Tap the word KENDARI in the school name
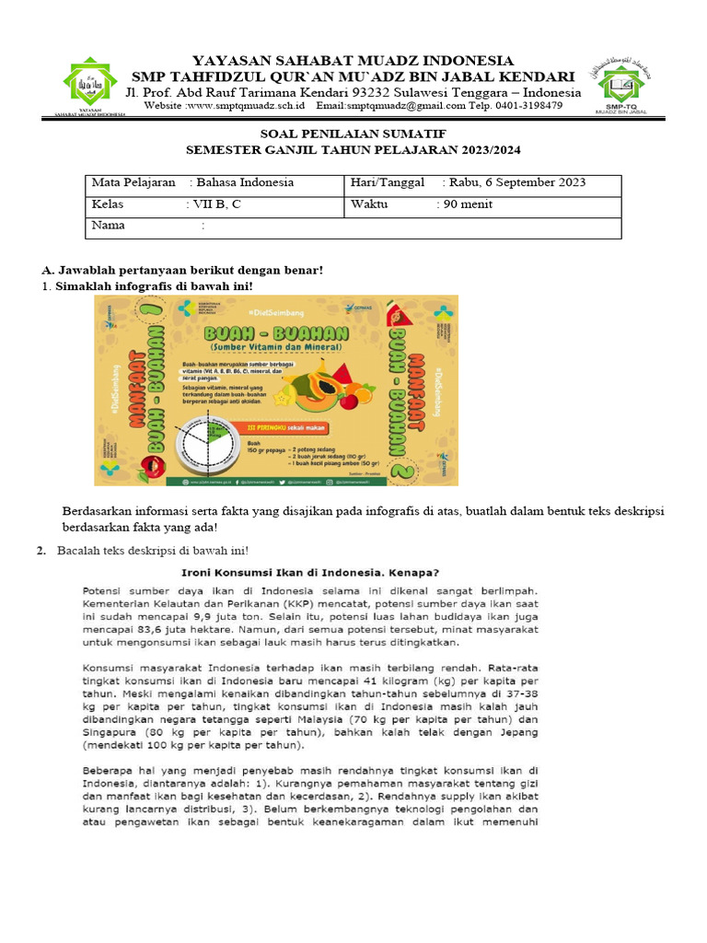(x=534, y=76)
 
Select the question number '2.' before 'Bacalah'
(x=41, y=550)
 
